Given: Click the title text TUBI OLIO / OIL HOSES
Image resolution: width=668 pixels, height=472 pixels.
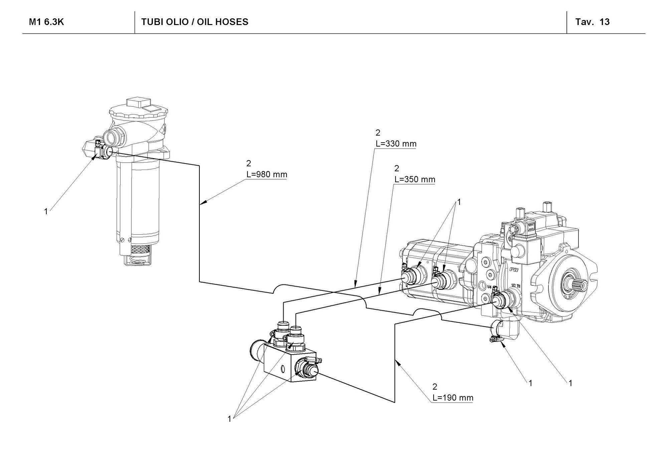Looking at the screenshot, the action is [195, 22].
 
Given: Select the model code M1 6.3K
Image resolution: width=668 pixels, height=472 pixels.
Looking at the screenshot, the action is [46, 22].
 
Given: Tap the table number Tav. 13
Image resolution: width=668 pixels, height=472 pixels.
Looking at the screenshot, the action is [593, 22].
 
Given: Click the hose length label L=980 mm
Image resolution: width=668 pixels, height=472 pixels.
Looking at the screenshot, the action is [266, 174].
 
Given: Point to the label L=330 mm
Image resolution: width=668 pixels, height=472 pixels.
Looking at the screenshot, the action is [396, 144].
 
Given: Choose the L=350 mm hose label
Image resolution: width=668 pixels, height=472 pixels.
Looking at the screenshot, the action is [415, 179].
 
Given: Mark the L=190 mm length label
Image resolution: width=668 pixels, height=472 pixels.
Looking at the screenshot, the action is [453, 398].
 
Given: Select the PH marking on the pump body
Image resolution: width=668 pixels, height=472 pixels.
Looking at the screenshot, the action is [513, 269].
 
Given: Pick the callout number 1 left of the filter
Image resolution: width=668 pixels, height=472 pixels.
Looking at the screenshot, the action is [46, 211].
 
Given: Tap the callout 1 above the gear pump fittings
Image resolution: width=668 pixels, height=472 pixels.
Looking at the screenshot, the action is [459, 202].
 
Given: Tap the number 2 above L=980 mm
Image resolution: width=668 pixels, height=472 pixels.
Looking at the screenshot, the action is [248, 163].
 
